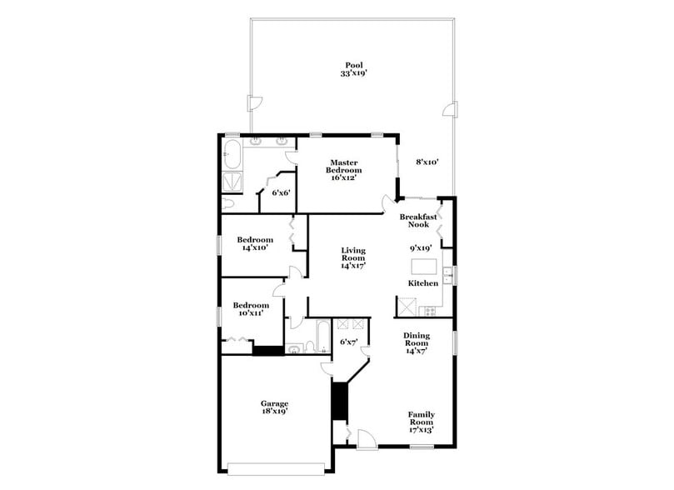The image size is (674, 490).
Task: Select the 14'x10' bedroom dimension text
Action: pos(257,248)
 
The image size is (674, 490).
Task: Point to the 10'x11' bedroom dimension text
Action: pos(251,314)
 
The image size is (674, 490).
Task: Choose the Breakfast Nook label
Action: pos(418,220)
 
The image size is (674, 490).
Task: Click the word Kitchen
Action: pos(422,283)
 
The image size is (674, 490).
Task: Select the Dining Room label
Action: pos(417,342)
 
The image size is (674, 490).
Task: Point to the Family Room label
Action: pos(422,422)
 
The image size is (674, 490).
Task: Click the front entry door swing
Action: pos(365,439)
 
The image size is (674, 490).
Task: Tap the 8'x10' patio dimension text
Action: pos(427,162)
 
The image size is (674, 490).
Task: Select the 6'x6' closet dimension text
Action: pos(281,192)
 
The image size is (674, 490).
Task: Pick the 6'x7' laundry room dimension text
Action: pos(347,342)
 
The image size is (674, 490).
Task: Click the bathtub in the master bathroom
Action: pos(232,154)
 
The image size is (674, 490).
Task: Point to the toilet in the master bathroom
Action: pos(230,203)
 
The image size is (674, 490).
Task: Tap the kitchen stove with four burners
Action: pos(430,311)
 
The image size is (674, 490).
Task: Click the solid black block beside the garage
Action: pos(339,401)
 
